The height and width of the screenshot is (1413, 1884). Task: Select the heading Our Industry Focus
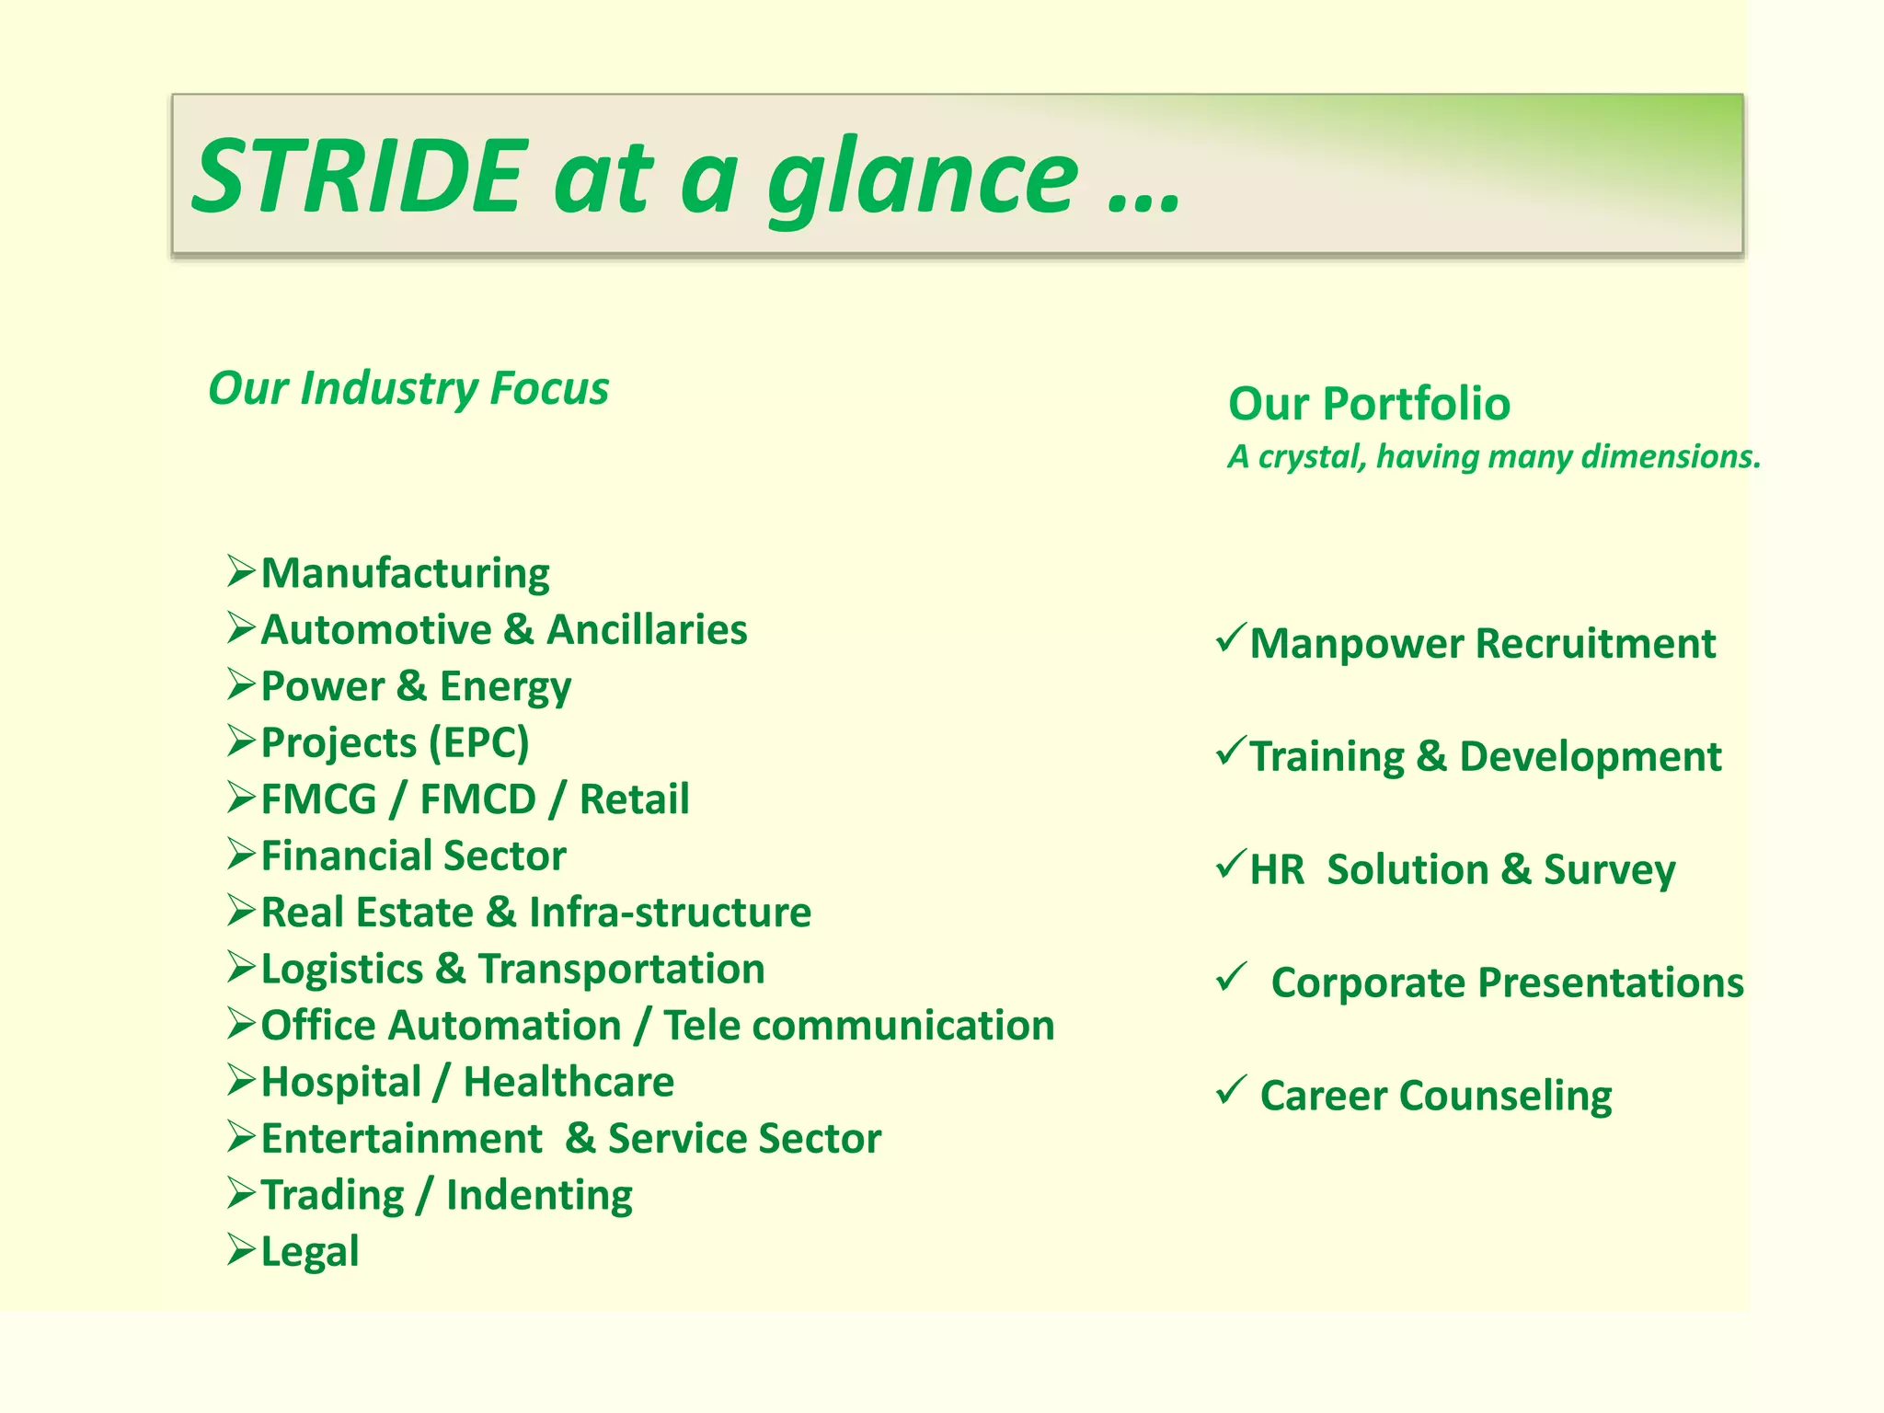(x=408, y=388)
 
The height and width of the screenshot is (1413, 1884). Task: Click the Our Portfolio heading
(x=1369, y=404)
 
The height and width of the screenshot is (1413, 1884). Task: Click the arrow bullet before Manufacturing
(x=241, y=571)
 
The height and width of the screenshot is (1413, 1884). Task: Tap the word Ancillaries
(x=647, y=630)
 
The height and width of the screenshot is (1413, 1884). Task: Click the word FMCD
(x=477, y=799)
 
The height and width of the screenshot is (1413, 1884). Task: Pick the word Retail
(x=634, y=799)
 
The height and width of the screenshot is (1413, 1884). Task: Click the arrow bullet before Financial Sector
(x=241, y=855)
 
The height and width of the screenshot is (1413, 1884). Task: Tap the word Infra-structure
(x=670, y=913)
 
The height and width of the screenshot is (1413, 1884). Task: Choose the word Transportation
(x=621, y=970)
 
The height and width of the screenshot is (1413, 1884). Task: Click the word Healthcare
(x=569, y=1083)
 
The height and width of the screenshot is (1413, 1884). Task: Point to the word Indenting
(x=539, y=1196)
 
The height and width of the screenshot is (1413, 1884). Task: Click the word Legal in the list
(x=310, y=1252)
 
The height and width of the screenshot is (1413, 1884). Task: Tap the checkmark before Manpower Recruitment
(x=1230, y=637)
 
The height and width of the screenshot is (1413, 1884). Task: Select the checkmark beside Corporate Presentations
(x=1230, y=977)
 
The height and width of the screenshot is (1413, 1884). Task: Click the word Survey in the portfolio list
(x=1609, y=870)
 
